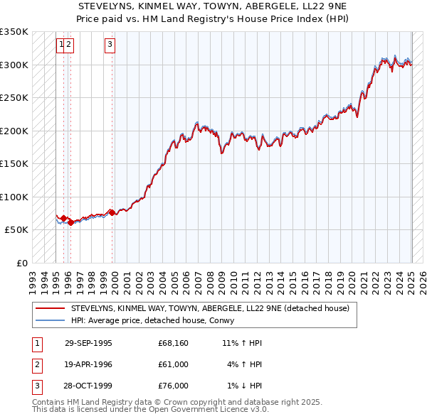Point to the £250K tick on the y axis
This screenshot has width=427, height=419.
14,97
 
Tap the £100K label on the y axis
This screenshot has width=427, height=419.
14,197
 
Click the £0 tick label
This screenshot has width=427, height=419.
23,263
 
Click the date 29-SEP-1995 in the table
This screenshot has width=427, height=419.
88,343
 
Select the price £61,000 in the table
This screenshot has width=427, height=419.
173,364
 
